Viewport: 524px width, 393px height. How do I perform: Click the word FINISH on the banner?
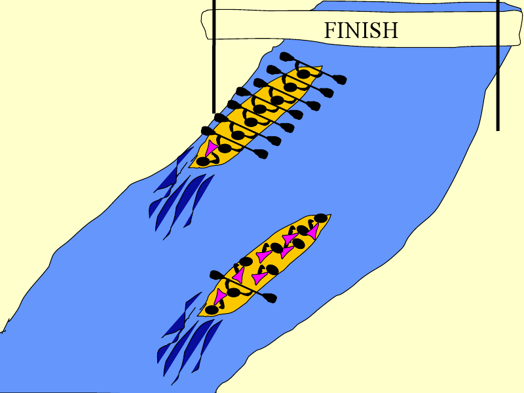(361, 30)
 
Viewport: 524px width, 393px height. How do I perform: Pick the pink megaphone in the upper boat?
(211, 149)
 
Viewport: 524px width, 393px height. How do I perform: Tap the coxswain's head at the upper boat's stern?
(203, 161)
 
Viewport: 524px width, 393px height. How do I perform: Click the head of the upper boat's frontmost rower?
(303, 74)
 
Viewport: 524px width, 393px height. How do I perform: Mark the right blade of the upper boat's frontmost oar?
(339, 79)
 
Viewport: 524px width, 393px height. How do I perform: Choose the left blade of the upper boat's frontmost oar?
(286, 57)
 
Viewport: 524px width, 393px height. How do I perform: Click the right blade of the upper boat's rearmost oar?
(261, 154)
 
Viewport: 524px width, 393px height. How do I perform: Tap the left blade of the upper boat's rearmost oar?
(207, 131)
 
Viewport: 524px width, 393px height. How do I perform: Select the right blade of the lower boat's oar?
(269, 298)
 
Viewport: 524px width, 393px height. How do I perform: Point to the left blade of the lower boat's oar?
(217, 274)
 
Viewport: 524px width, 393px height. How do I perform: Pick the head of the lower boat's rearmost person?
(211, 309)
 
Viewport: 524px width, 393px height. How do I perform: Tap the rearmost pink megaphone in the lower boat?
(219, 298)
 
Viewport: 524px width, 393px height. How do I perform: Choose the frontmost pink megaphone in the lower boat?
(313, 231)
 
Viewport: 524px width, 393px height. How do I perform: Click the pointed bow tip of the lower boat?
(329, 215)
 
